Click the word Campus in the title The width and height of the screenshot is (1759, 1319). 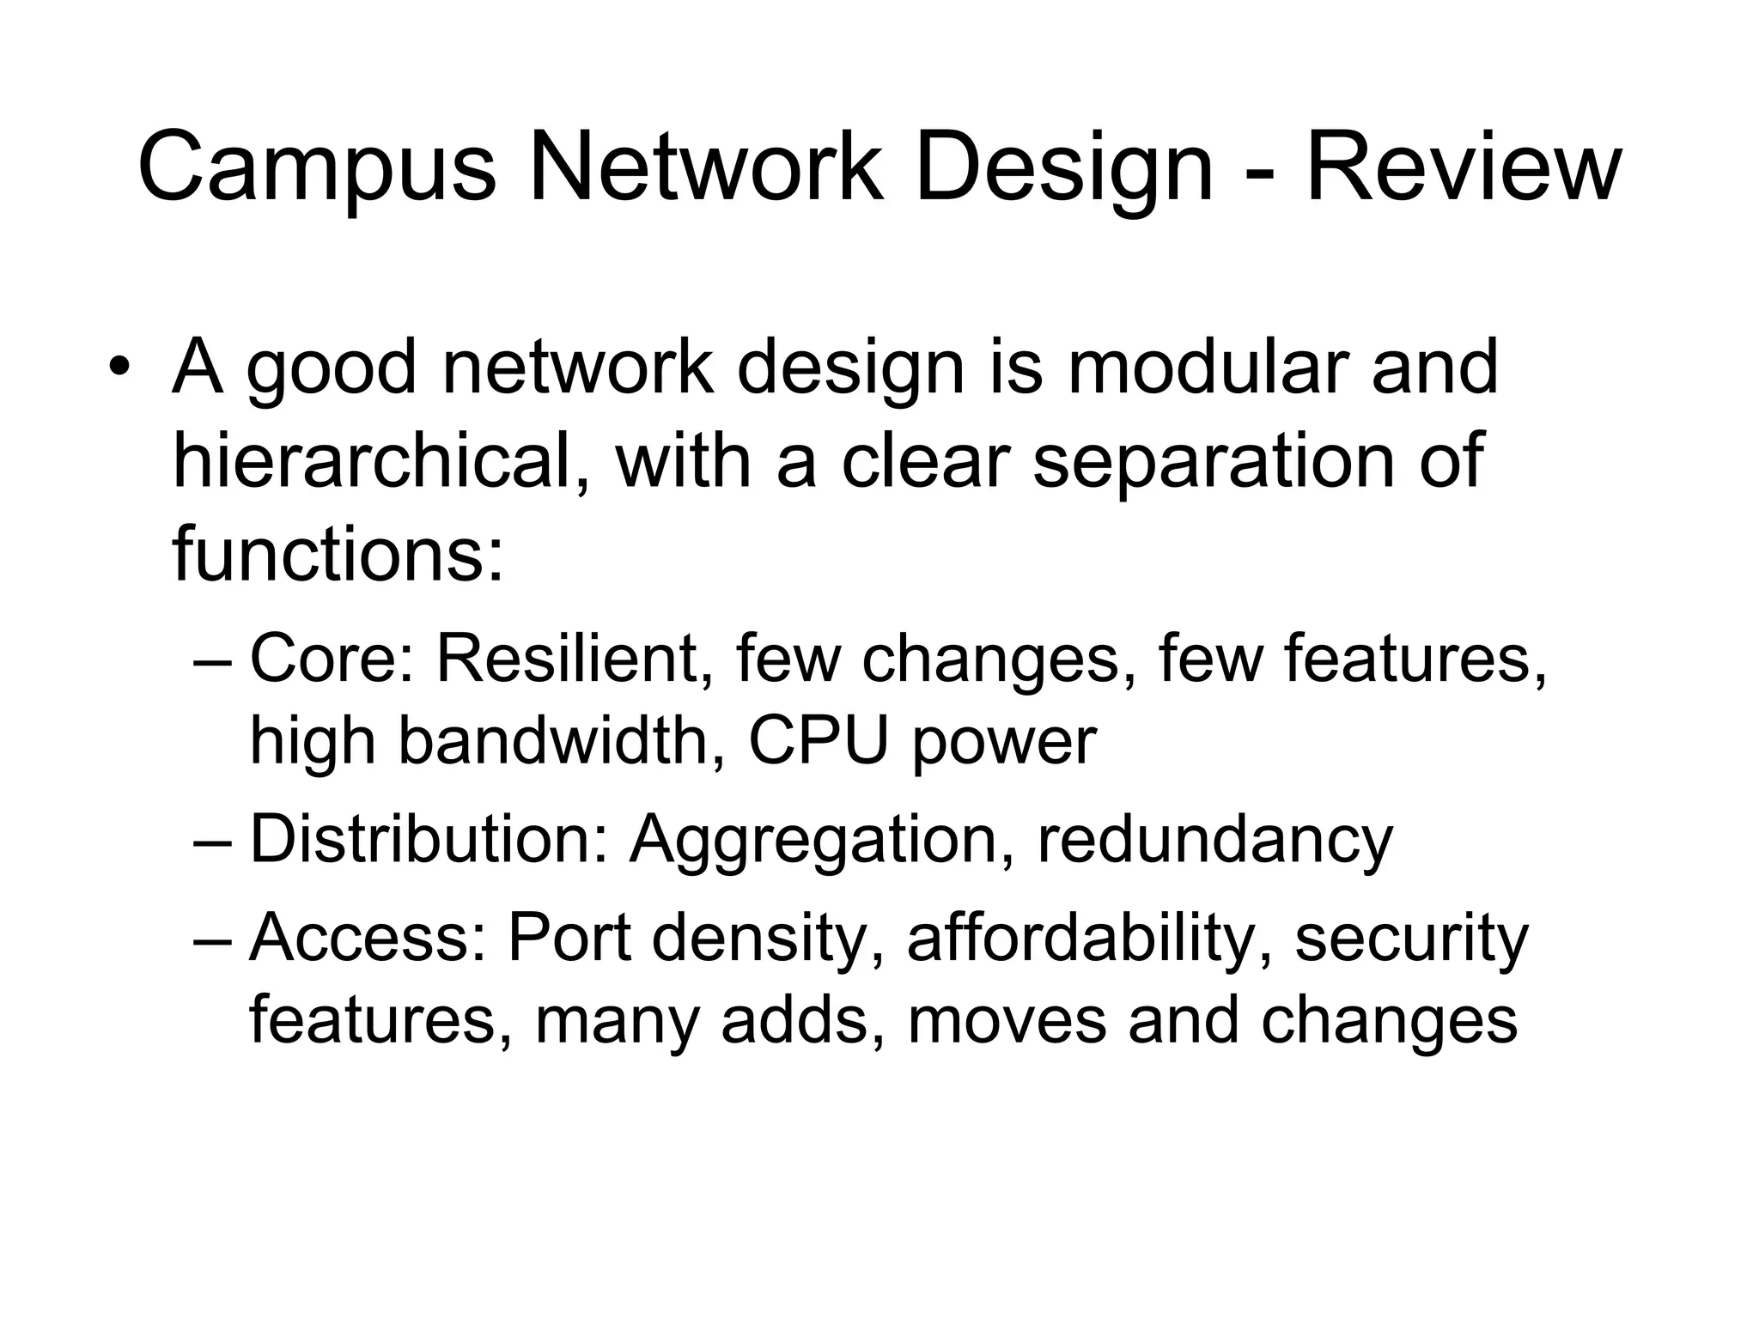[x=317, y=169]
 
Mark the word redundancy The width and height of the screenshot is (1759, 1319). [x=1215, y=842]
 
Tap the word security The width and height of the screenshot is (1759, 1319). [x=1411, y=938]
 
